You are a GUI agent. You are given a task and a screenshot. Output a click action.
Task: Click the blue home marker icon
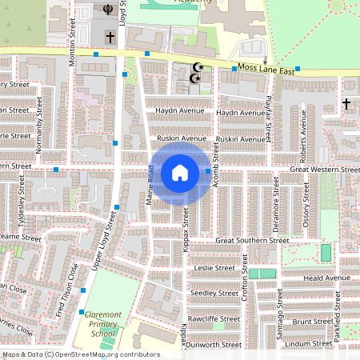pos(180,172)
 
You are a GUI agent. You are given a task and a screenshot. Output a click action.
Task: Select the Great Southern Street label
pos(251,240)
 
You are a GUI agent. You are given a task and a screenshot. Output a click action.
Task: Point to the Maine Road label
pos(150,193)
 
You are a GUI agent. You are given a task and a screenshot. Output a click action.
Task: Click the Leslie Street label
pos(214,267)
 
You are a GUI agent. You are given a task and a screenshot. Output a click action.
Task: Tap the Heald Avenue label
pos(326,278)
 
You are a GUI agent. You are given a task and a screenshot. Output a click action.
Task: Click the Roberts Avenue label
pos(303,129)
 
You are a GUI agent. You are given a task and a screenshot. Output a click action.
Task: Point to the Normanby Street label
pos(38,133)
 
